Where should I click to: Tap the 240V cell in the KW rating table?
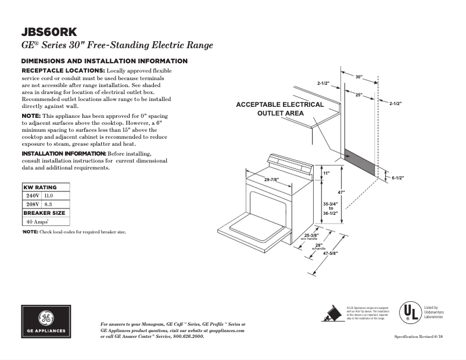pyautogui.click(x=31, y=196)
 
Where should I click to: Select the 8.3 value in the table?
pyautogui.click(x=49, y=204)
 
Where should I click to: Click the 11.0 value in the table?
pyautogui.click(x=49, y=196)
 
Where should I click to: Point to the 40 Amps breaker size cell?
pyautogui.click(x=35, y=222)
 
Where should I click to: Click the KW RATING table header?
pyautogui.click(x=40, y=188)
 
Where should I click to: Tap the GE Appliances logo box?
pyautogui.click(x=47, y=321)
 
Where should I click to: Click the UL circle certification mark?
pyautogui.click(x=408, y=313)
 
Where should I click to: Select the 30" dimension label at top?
pyautogui.click(x=359, y=77)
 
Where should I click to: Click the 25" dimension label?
pyautogui.click(x=359, y=95)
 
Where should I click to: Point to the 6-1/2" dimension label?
pyautogui.click(x=397, y=178)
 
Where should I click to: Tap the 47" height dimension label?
pyautogui.click(x=342, y=192)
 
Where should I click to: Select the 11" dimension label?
pyautogui.click(x=326, y=174)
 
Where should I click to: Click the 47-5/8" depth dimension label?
pyautogui.click(x=330, y=253)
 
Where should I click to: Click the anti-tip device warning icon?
pyautogui.click(x=332, y=314)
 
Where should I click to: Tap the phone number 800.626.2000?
pyautogui.click(x=189, y=337)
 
